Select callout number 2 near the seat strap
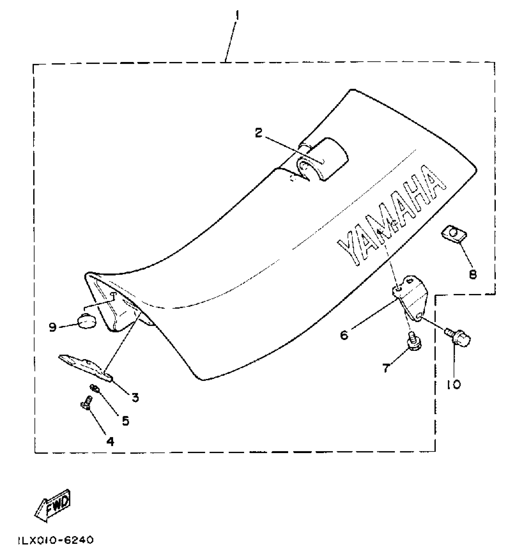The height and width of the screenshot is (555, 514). click(259, 133)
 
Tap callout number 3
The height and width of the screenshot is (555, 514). click(135, 397)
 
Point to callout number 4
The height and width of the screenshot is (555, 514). click(110, 442)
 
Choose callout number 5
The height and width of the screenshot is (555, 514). click(125, 420)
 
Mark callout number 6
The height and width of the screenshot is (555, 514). click(344, 335)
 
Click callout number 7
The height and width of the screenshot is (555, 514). click(385, 368)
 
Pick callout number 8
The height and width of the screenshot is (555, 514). click(473, 274)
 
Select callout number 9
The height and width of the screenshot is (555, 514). click(53, 327)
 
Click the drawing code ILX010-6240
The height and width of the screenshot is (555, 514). click(56, 540)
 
